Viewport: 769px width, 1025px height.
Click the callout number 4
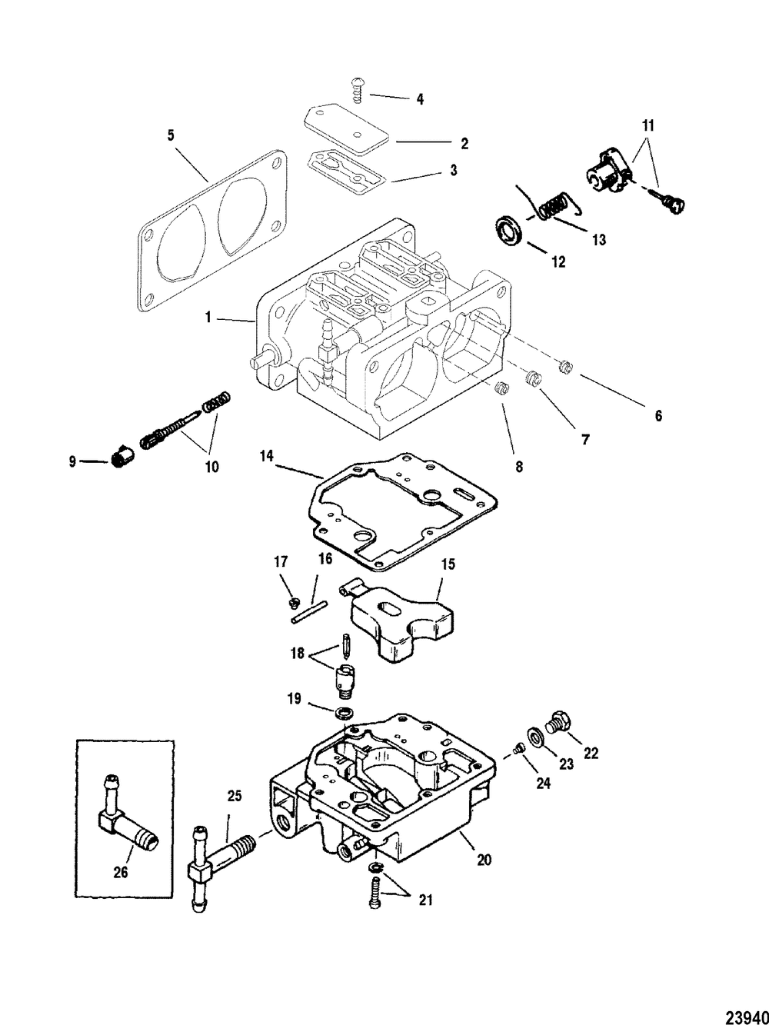pos(420,99)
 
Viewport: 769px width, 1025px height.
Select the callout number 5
pos(171,135)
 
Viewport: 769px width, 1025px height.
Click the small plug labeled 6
pos(566,367)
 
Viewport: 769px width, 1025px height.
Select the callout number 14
pos(266,456)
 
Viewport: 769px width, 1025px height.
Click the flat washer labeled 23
pos(534,748)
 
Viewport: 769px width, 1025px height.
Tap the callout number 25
pos(235,795)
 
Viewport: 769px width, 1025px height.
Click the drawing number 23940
pos(746,1013)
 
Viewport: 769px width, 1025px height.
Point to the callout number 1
pos(208,318)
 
